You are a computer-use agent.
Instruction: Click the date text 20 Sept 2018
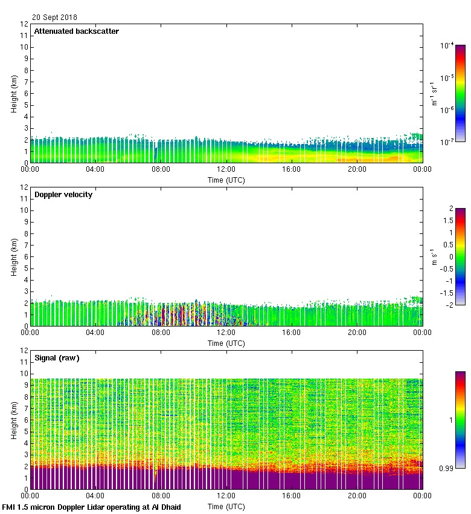click(54, 18)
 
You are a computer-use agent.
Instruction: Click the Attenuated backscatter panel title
click(76, 31)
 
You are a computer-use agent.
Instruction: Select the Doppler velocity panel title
click(63, 195)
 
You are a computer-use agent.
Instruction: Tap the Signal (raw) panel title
click(57, 358)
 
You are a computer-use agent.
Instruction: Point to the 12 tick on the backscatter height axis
click(24, 24)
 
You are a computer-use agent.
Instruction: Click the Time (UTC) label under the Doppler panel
click(226, 343)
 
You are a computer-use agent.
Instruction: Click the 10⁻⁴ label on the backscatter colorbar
click(447, 45)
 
